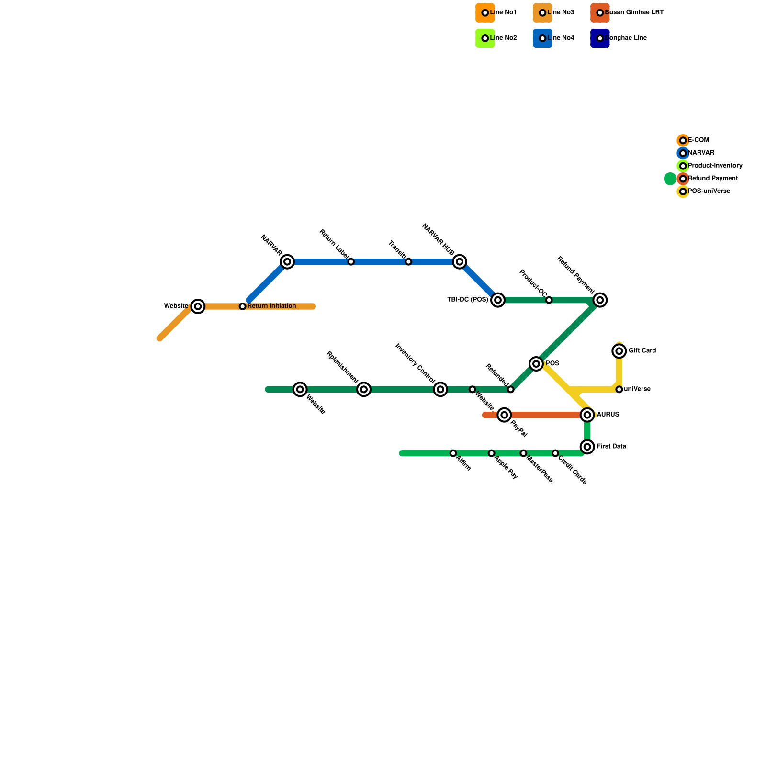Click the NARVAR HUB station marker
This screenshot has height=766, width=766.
tap(460, 262)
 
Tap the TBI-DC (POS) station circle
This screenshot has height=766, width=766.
tap(498, 300)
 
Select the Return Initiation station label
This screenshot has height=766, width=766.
tap(271, 306)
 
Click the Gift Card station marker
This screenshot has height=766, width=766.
tap(619, 351)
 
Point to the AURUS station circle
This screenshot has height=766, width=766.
tap(587, 415)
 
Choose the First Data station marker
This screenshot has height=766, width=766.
tap(587, 447)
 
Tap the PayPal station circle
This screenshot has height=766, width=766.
tap(504, 415)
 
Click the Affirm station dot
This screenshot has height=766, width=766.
tap(453, 453)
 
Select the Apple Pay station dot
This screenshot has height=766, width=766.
tap(492, 453)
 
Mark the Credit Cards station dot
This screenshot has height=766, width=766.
tap(555, 453)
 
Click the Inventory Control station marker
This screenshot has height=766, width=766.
tap(440, 389)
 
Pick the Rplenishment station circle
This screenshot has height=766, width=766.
tap(364, 389)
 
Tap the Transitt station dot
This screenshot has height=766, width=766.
tap(408, 262)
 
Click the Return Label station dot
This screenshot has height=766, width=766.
tap(351, 262)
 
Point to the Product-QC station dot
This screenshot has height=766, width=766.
tap(549, 300)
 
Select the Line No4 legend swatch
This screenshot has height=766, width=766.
tap(542, 38)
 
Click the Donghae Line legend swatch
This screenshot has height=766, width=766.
tap(600, 38)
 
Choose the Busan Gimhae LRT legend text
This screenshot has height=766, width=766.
tap(634, 12)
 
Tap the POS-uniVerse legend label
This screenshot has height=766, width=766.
tap(709, 191)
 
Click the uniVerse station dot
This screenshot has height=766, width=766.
tap(619, 389)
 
